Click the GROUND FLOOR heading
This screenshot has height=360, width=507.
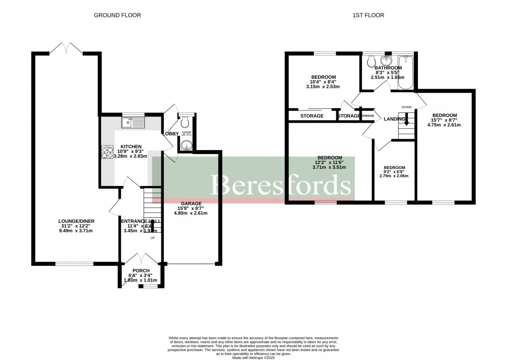pyautogui.click(x=117, y=15)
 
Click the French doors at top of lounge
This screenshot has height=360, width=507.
pyautogui.click(x=66, y=49)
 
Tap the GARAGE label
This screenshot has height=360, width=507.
pyautogui.click(x=191, y=204)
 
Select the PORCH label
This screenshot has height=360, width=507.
pyautogui.click(x=141, y=270)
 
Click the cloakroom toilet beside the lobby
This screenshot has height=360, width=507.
pyautogui.click(x=185, y=121)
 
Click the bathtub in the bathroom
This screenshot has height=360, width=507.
pyautogui.click(x=405, y=73)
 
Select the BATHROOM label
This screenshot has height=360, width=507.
pyautogui.click(x=388, y=68)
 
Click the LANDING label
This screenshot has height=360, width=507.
pyautogui.click(x=394, y=119)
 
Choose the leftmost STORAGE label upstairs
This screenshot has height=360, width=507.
pyautogui.click(x=312, y=116)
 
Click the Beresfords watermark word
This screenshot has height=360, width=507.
pyautogui.click(x=281, y=186)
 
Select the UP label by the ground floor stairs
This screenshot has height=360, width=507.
pyautogui.click(x=152, y=238)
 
